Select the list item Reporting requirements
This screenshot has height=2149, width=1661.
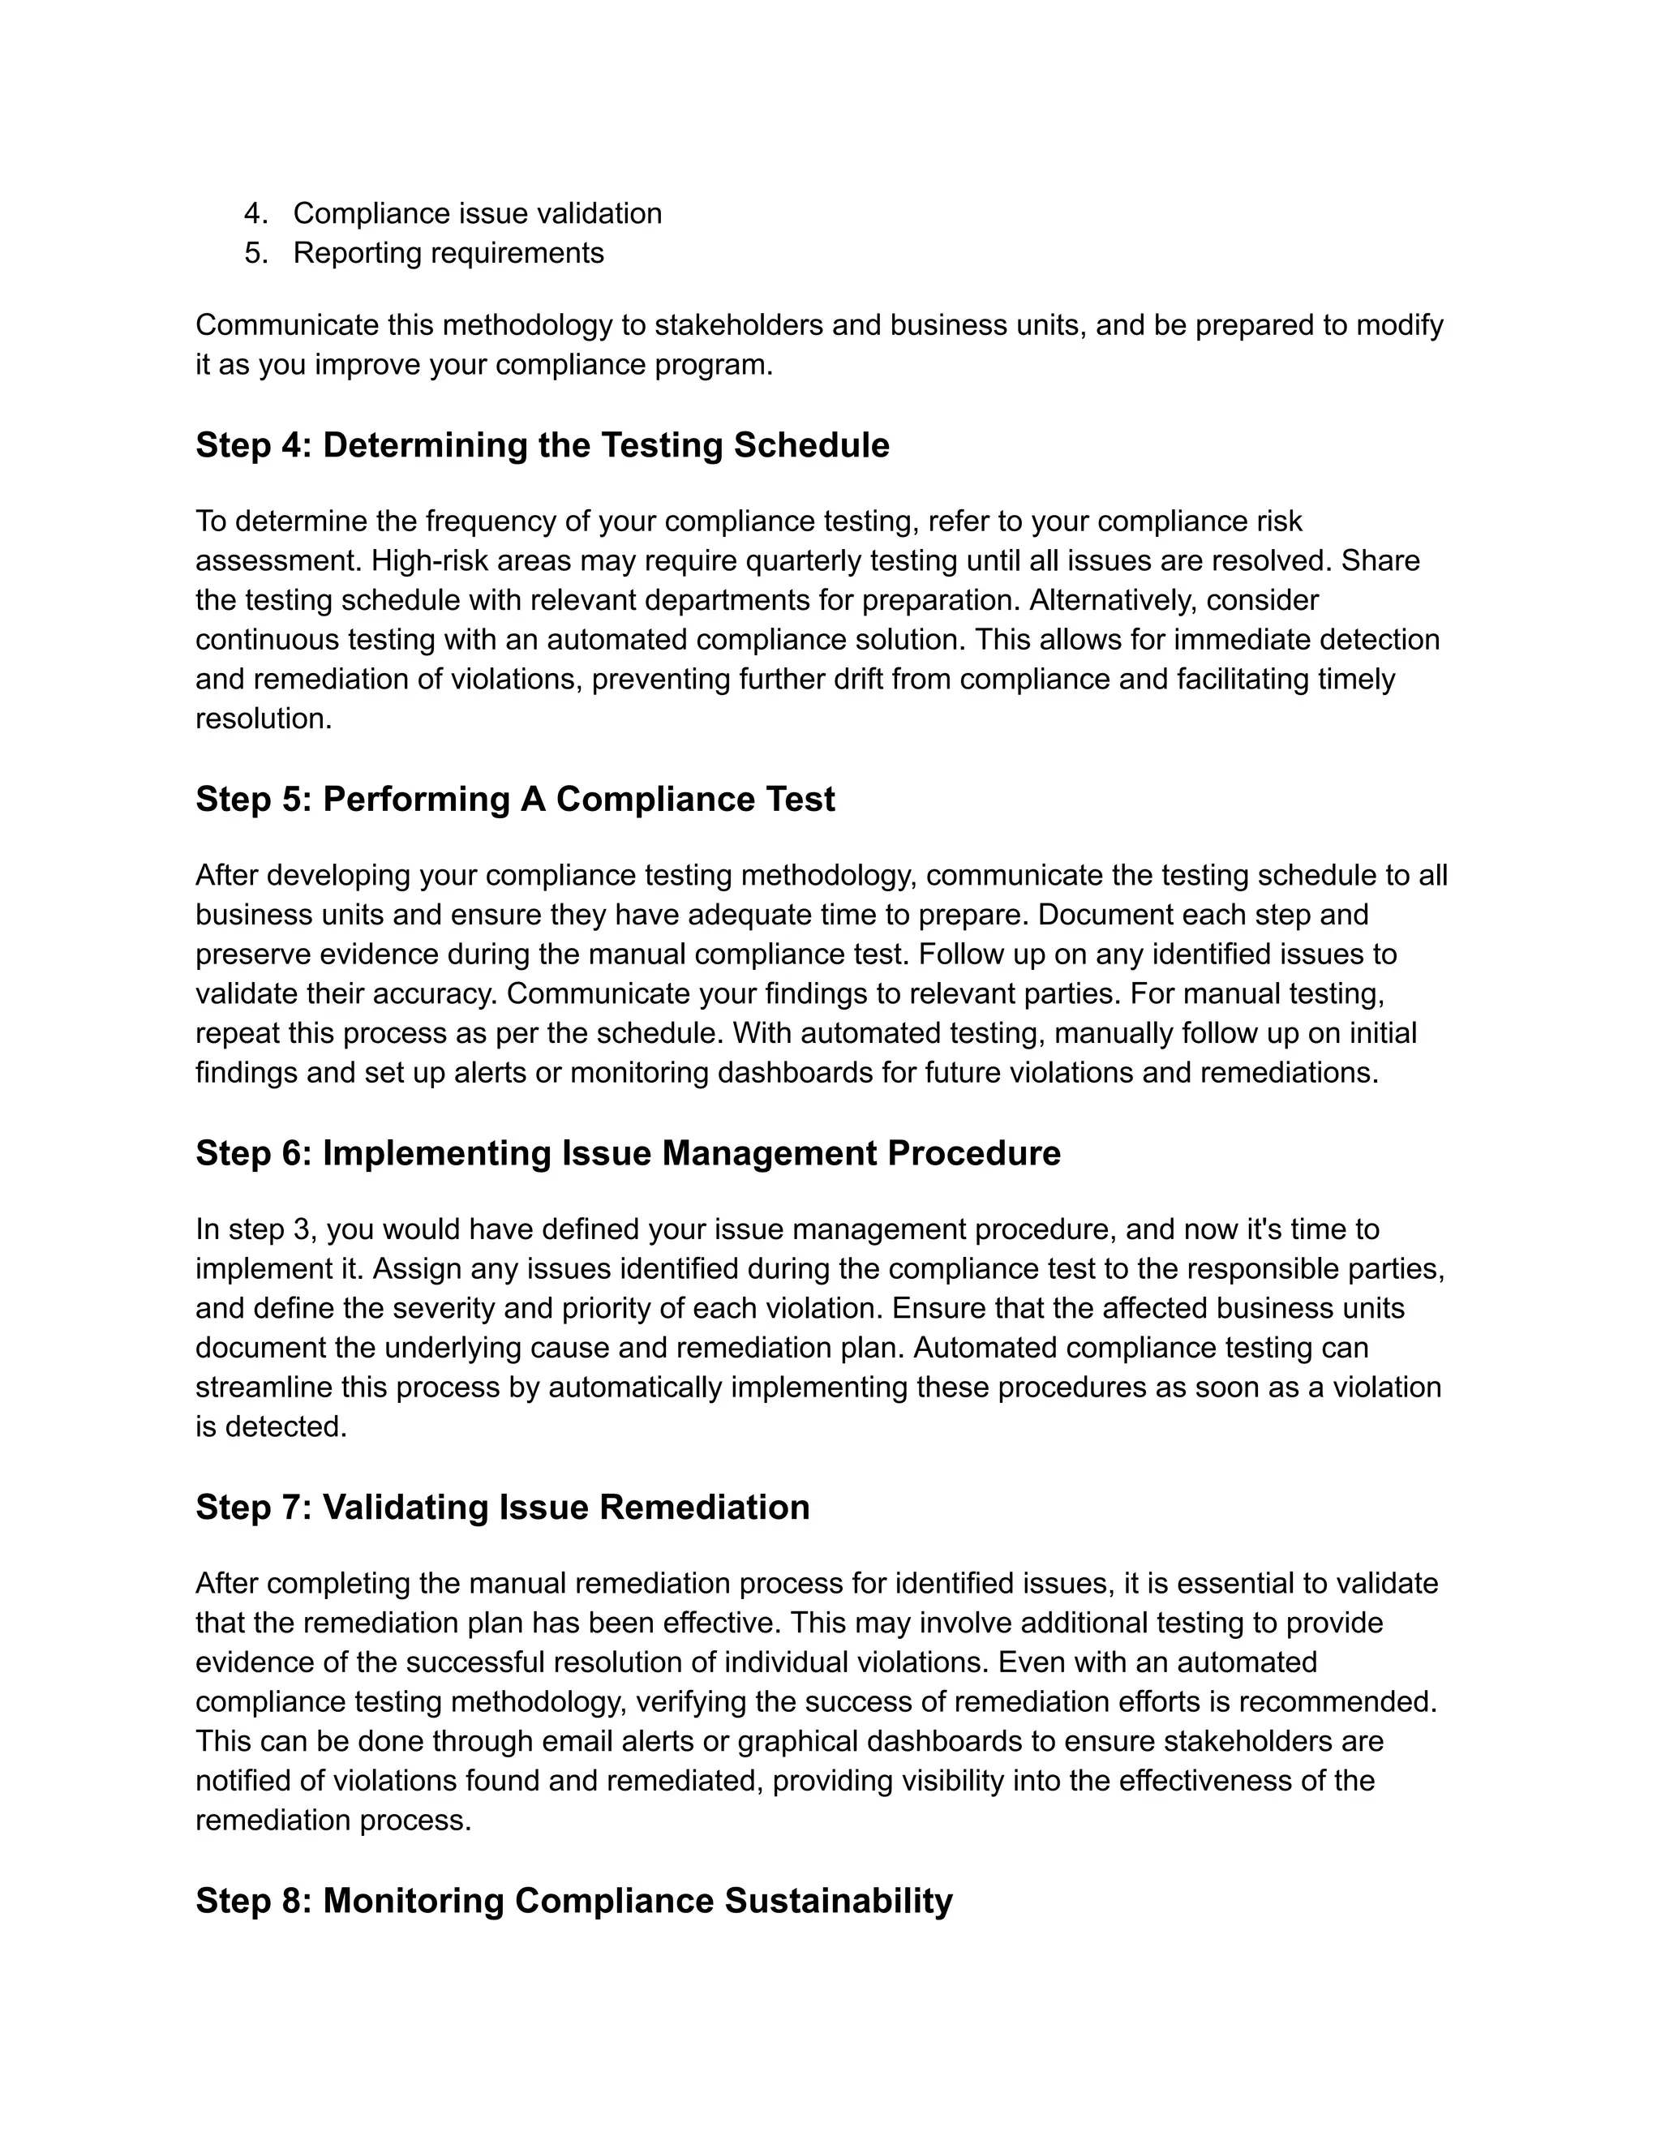click(448, 253)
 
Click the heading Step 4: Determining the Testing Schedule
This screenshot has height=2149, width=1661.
click(543, 446)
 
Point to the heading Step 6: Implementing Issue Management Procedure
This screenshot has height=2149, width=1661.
click(628, 1153)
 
